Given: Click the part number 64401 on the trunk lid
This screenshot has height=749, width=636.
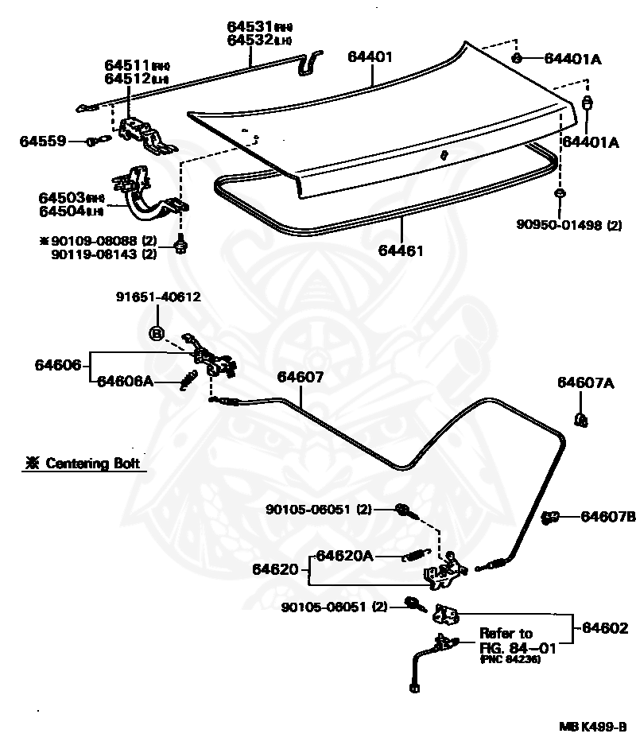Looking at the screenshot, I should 370,57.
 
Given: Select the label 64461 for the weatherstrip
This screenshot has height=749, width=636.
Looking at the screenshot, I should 401,250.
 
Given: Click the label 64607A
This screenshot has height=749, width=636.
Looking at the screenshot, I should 585,383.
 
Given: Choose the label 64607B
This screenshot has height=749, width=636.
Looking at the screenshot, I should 607,517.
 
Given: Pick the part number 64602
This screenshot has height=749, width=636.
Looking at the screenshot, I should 604,627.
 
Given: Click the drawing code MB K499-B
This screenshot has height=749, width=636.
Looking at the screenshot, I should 592,727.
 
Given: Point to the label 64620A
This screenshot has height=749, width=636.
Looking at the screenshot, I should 344,555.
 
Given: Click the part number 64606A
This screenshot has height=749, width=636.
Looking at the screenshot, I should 125,381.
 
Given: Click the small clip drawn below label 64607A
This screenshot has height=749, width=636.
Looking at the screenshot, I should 581,420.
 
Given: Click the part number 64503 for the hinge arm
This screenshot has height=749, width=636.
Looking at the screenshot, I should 61,197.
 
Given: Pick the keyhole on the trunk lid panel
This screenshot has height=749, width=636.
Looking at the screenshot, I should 445,155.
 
